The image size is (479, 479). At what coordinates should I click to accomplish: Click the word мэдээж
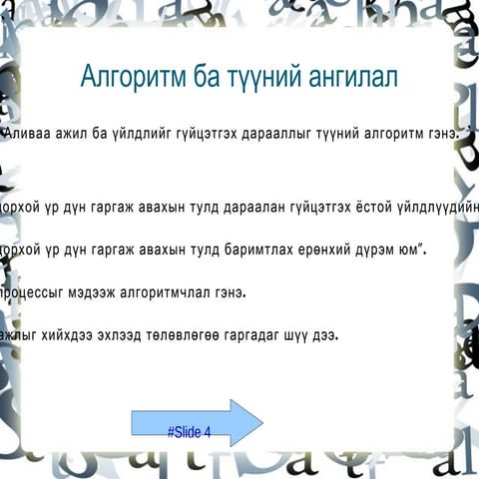click(x=95, y=293)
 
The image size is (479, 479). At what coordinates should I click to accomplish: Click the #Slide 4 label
click(x=190, y=432)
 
